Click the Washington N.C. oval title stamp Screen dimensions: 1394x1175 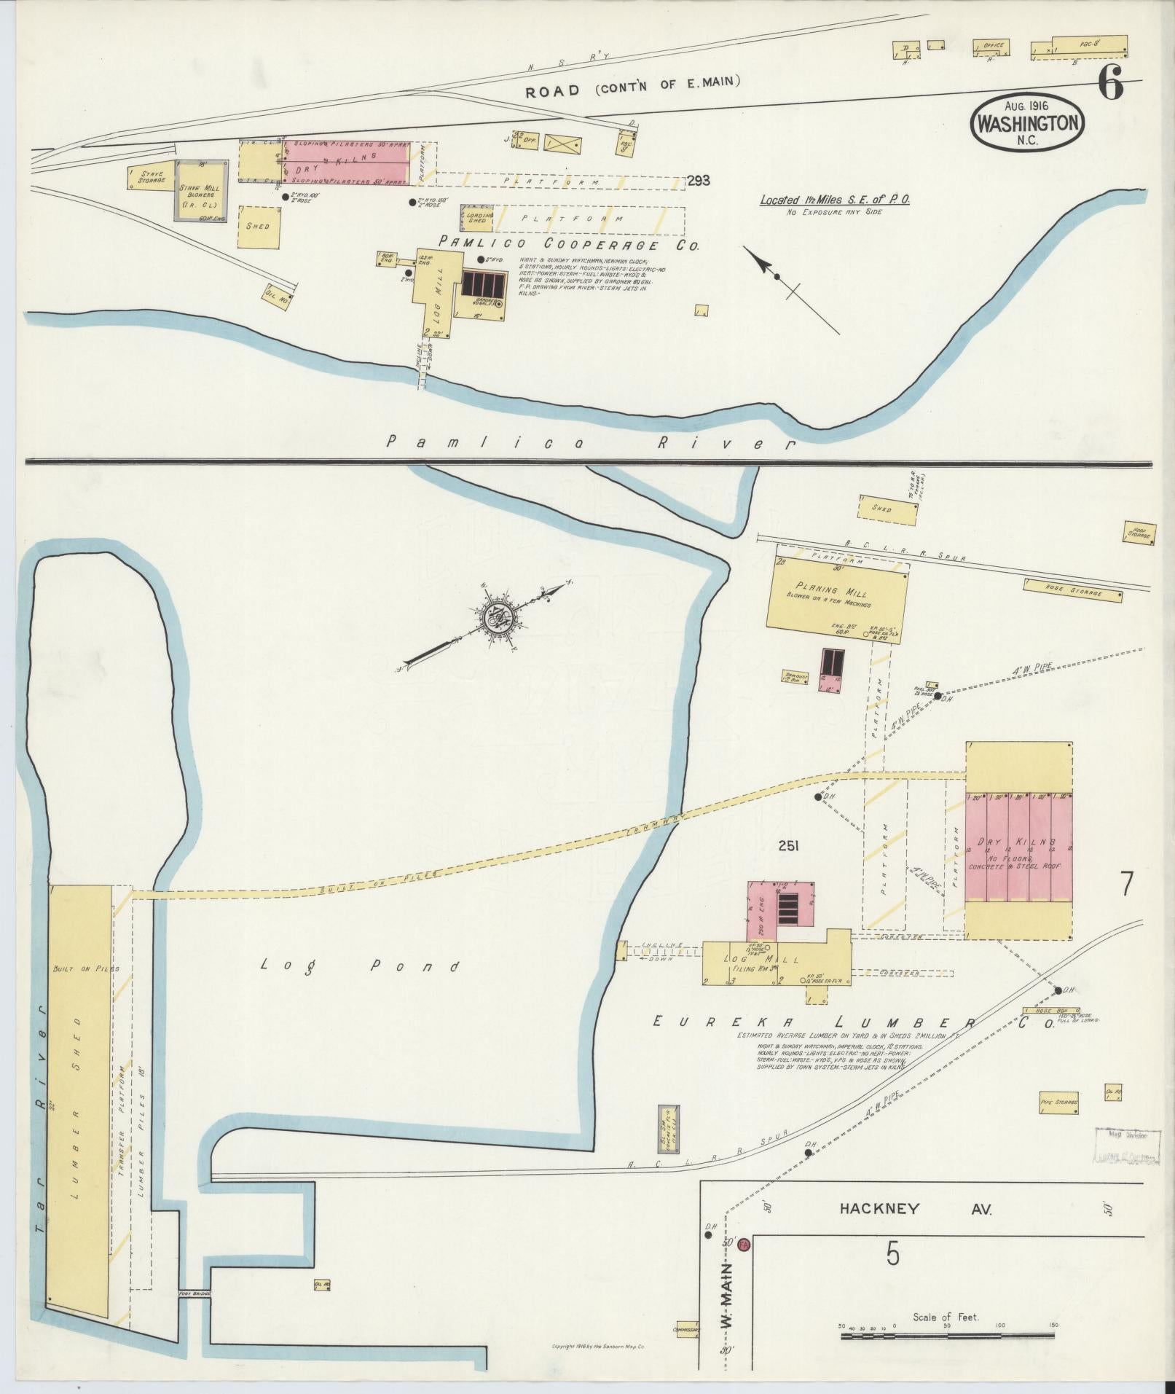tap(1027, 123)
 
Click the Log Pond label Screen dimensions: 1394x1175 tap(361, 967)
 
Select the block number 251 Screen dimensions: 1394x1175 tap(788, 846)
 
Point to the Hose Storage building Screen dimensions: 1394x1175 tap(1072, 590)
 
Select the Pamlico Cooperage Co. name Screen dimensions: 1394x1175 tap(568, 246)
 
